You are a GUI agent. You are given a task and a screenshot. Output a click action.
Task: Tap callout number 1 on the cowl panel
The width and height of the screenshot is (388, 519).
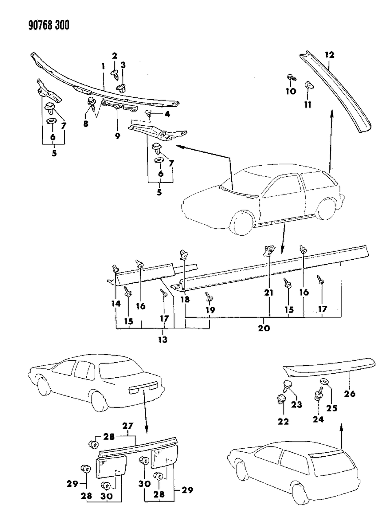[x=103, y=66]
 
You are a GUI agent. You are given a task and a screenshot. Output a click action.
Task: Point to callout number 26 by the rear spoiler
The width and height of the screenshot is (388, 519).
[x=350, y=393]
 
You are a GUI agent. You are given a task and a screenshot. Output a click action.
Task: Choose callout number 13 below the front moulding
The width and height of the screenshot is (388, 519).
[x=163, y=339]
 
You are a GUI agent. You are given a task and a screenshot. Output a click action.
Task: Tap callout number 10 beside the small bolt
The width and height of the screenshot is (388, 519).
[x=290, y=91]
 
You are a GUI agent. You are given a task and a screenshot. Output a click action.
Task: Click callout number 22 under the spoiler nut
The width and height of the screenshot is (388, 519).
[x=283, y=421]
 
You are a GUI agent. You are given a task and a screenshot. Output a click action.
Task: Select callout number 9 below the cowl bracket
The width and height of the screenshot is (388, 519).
[x=117, y=136]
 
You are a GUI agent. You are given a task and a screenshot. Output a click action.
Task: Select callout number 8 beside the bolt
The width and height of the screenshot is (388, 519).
[x=86, y=124]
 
